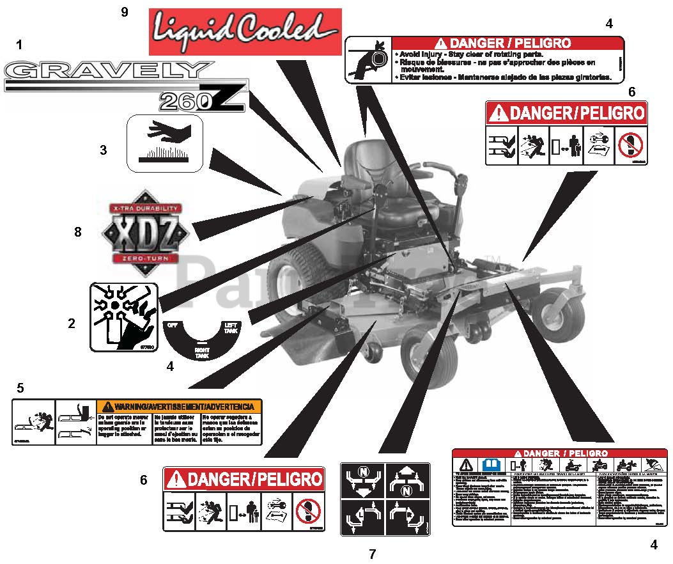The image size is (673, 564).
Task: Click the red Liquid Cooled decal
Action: (x=245, y=31)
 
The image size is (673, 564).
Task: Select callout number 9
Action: (x=125, y=12)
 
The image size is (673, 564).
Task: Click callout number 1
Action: (x=19, y=45)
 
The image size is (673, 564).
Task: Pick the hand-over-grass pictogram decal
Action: (x=165, y=143)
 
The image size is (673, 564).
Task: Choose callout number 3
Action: (x=103, y=150)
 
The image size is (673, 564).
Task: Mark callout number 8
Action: (x=78, y=232)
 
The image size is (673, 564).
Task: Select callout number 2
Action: (x=72, y=324)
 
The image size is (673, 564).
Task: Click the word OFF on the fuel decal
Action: (x=171, y=325)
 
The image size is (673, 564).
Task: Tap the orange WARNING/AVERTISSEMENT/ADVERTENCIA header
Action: (x=179, y=406)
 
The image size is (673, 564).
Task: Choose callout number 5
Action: (x=20, y=388)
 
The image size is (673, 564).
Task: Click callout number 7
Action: (x=373, y=554)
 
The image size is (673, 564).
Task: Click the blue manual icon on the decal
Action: (x=490, y=464)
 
